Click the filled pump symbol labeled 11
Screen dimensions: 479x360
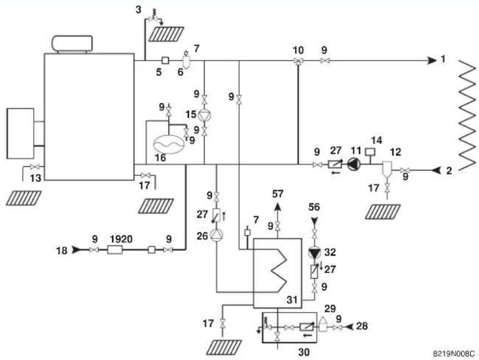click(354, 164)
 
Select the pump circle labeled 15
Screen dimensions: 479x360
click(204, 116)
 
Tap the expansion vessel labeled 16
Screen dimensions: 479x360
click(168, 143)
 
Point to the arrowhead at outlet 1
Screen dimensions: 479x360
click(432, 61)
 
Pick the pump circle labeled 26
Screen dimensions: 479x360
click(217, 236)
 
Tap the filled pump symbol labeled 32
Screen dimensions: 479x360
click(314, 253)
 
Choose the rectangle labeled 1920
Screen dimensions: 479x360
click(115, 250)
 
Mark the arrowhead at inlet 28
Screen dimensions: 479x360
click(350, 327)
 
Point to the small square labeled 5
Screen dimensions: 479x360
click(165, 61)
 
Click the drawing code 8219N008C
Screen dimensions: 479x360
click(454, 353)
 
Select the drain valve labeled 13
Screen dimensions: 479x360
click(34, 167)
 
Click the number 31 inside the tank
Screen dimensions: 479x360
click(292, 299)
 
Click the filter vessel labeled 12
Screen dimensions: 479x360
click(387, 170)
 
